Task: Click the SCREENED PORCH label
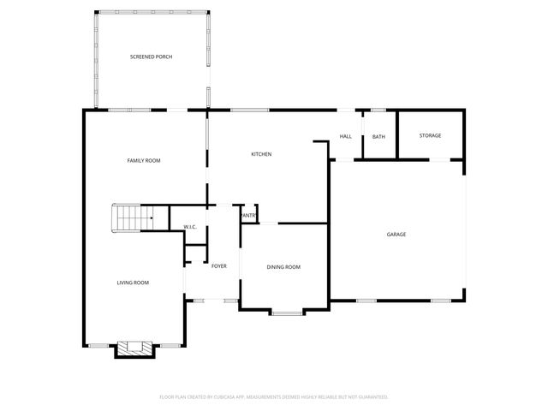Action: tap(152, 57)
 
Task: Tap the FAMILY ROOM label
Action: tap(144, 160)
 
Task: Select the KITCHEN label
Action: tap(261, 154)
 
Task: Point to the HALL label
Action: tap(346, 136)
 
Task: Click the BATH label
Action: tap(378, 136)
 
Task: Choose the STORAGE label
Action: tap(430, 135)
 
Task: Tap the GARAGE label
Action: tap(396, 234)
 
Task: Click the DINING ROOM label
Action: tap(283, 267)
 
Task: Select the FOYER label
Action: tap(219, 266)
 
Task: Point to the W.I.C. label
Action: tap(190, 227)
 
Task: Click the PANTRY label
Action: tap(248, 215)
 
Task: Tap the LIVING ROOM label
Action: tap(134, 283)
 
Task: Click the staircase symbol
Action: tap(133, 218)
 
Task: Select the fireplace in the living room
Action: tap(134, 348)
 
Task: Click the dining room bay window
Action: tap(287, 313)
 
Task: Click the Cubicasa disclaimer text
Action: tap(274, 396)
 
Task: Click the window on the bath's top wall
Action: tap(378, 110)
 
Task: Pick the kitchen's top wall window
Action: tap(249, 110)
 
